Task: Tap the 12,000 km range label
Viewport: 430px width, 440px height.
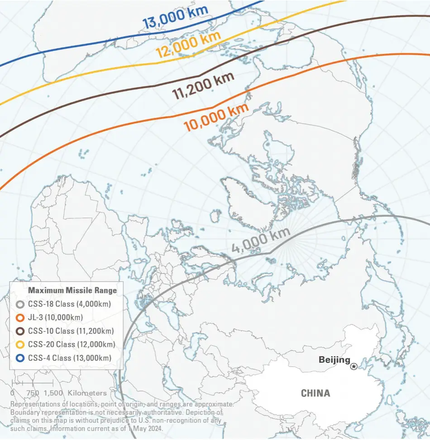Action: [188, 44]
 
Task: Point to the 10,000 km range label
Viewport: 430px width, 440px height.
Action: [216, 117]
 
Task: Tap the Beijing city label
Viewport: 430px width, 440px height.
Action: [334, 360]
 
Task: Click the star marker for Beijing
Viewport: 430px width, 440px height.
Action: [354, 366]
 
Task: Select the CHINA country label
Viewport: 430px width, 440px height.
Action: [315, 393]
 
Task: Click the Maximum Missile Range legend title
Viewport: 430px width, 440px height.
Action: [72, 290]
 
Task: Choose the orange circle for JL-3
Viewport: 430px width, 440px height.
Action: [19, 318]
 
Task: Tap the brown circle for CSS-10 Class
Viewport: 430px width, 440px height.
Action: [19, 331]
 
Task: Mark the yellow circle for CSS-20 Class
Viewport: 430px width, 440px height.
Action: [19, 345]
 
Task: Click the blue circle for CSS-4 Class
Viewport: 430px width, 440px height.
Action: [19, 358]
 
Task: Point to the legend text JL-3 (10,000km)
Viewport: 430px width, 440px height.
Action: [54, 318]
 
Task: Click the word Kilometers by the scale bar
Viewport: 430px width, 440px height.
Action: [87, 393]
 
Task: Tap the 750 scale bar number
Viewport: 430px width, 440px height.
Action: [33, 393]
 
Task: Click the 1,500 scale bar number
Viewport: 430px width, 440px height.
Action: [53, 393]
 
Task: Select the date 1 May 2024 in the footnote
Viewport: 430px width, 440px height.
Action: [135, 428]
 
